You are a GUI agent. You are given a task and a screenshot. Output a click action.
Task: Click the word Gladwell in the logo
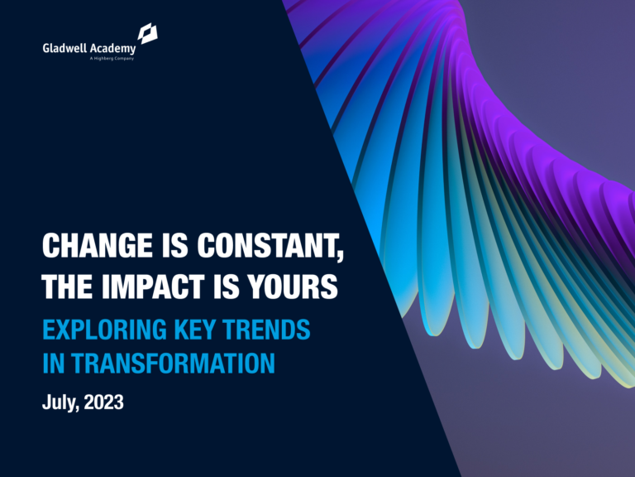point(65,48)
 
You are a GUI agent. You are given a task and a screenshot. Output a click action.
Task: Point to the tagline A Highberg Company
point(111,59)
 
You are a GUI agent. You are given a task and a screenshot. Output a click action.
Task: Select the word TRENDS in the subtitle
point(269,330)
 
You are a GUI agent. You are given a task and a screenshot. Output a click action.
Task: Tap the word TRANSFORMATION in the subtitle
point(174,364)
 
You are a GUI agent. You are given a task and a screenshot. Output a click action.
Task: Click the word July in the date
point(58,403)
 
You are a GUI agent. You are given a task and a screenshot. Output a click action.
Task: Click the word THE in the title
point(68,287)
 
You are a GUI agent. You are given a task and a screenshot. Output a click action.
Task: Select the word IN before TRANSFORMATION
point(53,364)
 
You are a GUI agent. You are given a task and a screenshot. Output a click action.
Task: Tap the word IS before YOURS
point(234,287)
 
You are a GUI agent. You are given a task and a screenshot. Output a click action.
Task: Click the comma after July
point(77,409)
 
